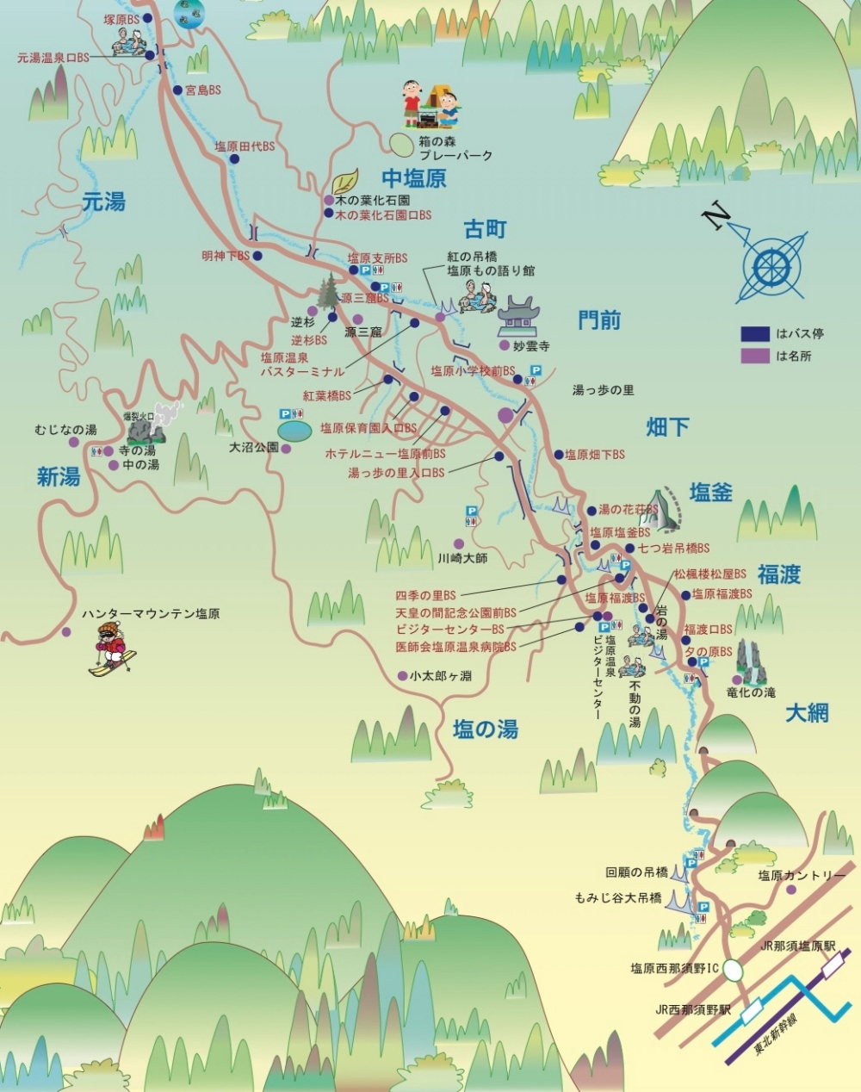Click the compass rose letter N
tap(714, 216)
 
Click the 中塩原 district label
tap(414, 178)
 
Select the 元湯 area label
tap(104, 202)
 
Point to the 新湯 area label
tap(59, 476)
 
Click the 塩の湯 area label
tap(486, 729)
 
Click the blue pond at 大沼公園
tap(294, 428)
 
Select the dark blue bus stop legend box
tap(755, 333)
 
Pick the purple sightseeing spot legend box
tap(755, 355)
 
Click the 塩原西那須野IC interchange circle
tap(733, 970)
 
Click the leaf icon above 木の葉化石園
tap(345, 182)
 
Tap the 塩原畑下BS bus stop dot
tap(558, 454)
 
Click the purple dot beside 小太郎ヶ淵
tap(402, 676)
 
